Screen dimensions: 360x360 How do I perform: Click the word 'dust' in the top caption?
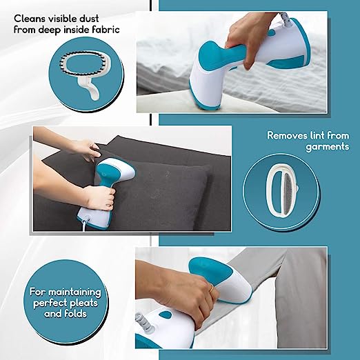(89, 19)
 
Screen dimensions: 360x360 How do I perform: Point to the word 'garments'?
(328, 147)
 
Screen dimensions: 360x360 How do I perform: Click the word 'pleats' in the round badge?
(82, 303)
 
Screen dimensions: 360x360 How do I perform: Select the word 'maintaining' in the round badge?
(74, 292)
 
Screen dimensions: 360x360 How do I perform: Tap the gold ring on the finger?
(212, 288)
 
